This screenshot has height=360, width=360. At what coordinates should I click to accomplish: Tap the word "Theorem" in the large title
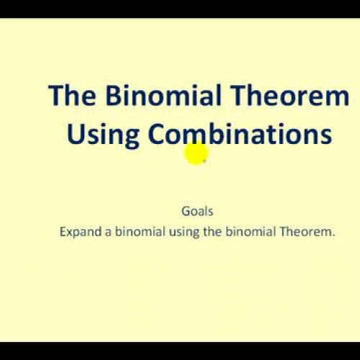click(x=295, y=96)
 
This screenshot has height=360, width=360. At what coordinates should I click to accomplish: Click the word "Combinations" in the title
click(x=240, y=135)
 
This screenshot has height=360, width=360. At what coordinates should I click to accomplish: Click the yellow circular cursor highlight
click(x=196, y=154)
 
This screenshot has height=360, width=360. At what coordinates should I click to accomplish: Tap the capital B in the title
click(x=114, y=96)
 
